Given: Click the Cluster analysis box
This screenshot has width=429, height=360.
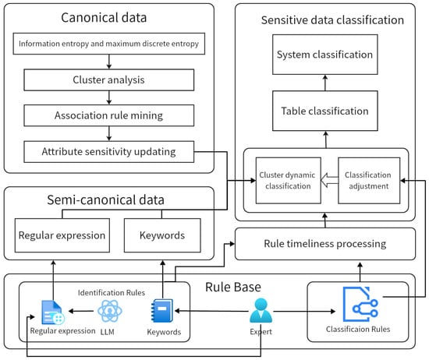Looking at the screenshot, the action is point(109,79).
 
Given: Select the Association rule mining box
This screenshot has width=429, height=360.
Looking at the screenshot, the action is point(109,115).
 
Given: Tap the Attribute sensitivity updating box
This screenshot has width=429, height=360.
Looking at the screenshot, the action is point(109,152).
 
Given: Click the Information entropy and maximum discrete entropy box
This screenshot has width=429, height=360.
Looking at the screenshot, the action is point(109,44).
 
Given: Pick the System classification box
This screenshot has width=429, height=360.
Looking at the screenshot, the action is point(325,55).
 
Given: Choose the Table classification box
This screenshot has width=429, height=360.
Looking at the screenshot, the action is point(325,111).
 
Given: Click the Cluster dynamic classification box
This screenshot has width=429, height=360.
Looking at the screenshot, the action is point(289,181).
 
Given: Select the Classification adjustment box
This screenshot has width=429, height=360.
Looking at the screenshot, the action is point(369,181).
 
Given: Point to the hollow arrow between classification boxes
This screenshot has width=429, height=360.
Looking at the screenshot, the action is point(329,181).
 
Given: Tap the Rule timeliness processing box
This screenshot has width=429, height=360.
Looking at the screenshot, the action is point(325,244).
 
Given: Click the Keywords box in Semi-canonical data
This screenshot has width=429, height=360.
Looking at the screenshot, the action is point(162,235).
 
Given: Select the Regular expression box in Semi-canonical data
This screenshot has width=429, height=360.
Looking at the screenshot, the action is point(62,235).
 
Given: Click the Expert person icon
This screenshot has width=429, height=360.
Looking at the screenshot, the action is point(261,311).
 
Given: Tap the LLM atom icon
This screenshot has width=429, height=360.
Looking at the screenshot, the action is point(110,311).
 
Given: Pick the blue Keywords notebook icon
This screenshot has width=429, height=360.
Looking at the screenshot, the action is point(162,311).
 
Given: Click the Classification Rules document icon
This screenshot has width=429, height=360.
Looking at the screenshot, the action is point(360,304).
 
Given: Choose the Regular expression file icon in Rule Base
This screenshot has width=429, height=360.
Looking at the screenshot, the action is point(53,312).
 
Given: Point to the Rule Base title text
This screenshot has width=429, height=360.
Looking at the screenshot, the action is point(233,287).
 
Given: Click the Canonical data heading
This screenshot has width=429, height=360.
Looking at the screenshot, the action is point(104,18).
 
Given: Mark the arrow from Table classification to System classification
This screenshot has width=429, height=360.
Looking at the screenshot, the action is point(325,83).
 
